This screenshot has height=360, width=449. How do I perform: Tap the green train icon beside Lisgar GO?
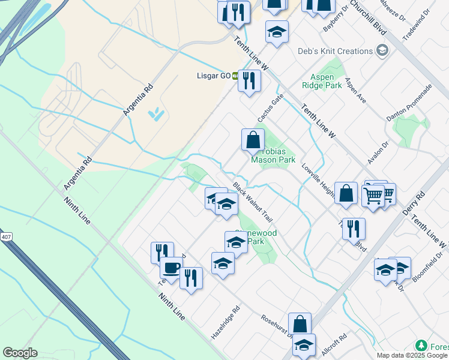tap(236, 76)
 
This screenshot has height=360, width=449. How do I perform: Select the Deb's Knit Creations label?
tap(336, 51)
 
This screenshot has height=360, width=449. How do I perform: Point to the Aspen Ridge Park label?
tap(326, 81)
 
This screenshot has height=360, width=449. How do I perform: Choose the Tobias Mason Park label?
tap(273, 156)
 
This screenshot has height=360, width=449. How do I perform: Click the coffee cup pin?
tap(171, 268)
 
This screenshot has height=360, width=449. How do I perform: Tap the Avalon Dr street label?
tap(378, 153)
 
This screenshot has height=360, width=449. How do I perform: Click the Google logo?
tap(20, 353)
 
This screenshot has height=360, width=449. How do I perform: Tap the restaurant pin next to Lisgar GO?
tap(249, 80)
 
